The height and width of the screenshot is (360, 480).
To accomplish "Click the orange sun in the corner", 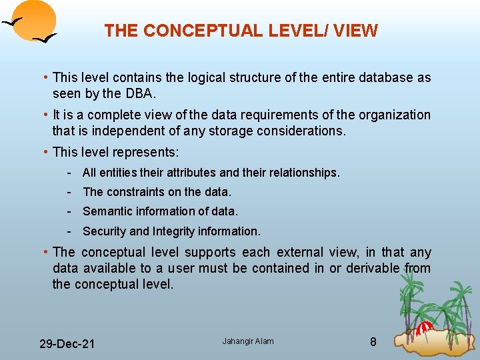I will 35,18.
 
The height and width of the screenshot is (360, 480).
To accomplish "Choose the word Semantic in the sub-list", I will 104,211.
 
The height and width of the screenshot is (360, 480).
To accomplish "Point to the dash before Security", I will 69,231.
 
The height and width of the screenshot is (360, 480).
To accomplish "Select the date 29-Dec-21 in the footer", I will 67,344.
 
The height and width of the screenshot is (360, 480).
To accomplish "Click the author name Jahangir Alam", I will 248,341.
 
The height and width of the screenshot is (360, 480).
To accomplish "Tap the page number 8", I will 373,342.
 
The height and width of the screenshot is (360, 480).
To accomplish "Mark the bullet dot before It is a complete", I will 44,115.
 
